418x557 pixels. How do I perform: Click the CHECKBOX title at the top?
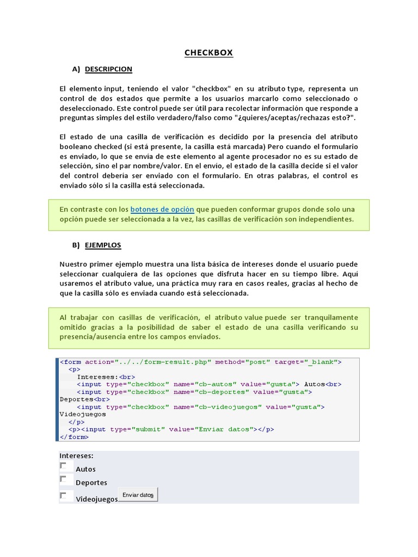[x=208, y=53]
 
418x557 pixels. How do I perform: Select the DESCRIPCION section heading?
[x=108, y=69]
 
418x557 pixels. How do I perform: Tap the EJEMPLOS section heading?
[x=103, y=245]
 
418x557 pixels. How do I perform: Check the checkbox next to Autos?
[x=64, y=466]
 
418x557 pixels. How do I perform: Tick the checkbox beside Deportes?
[x=64, y=479]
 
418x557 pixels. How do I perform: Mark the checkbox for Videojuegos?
[x=64, y=496]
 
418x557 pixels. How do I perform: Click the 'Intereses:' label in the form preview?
[x=76, y=455]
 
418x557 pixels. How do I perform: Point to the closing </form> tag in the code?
[x=73, y=437]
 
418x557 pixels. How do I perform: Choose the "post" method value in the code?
[x=255, y=362]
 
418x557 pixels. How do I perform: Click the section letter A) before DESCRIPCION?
[x=76, y=69]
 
